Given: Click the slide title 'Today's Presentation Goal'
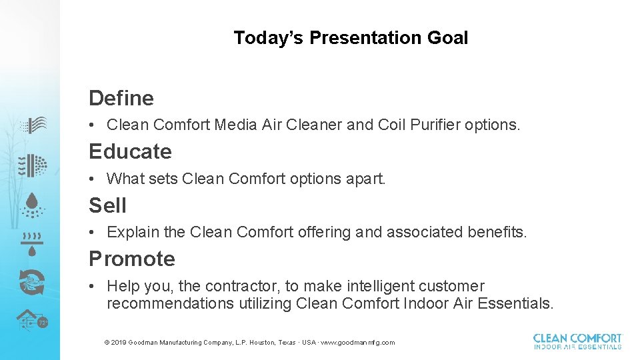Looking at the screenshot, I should click(x=351, y=38).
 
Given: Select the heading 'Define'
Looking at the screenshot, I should click(x=121, y=98).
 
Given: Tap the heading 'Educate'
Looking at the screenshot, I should click(x=130, y=151).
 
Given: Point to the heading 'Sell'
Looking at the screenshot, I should click(x=107, y=205).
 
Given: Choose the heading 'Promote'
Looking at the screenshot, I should click(x=132, y=259).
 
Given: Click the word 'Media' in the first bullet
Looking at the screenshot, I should click(x=235, y=125).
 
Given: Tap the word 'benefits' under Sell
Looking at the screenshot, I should click(x=498, y=232).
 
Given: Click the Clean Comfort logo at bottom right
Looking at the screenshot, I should click(x=577, y=341).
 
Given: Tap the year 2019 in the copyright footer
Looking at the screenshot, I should click(x=119, y=343).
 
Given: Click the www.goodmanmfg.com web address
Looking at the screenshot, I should click(x=358, y=343).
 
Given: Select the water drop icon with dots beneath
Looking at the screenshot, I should click(x=31, y=205).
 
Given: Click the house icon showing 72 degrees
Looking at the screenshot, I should click(x=31, y=321).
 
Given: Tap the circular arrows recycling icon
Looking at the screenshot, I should click(x=31, y=283).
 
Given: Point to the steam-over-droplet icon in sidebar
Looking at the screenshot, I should click(x=31, y=244).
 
